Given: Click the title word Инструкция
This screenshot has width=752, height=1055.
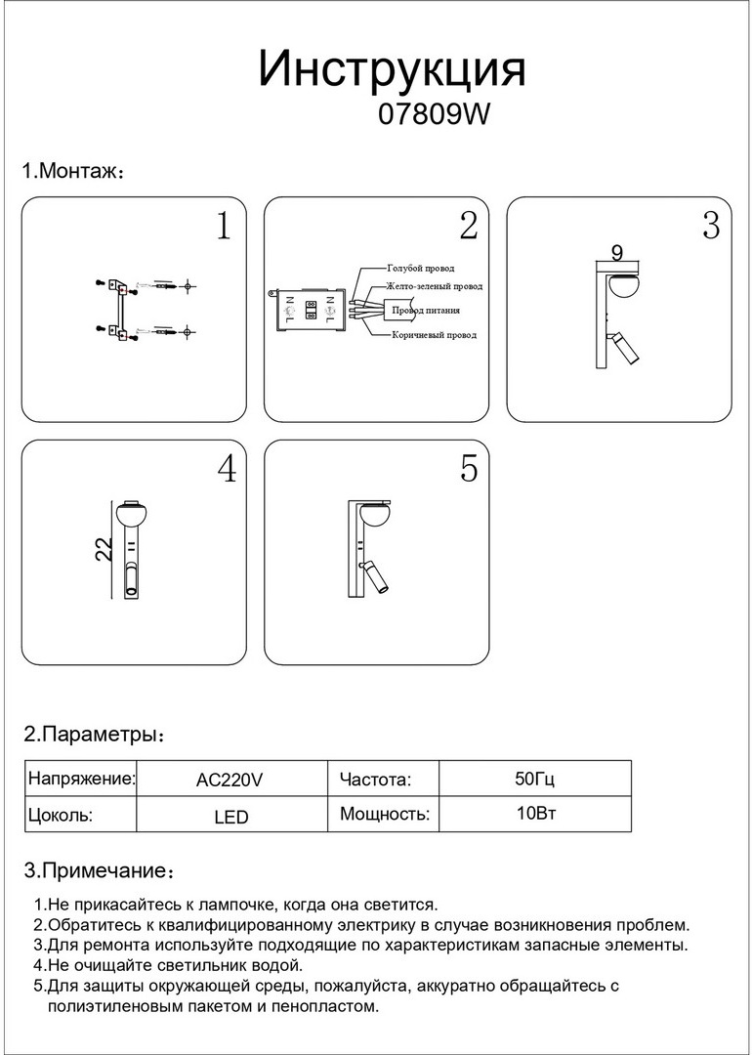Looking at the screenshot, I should pos(392,70).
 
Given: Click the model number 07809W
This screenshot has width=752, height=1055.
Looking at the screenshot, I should pos(432,115).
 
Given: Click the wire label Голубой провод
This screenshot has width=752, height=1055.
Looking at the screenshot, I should pos(420,268).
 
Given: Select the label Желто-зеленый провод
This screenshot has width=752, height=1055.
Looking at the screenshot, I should pos(434,287).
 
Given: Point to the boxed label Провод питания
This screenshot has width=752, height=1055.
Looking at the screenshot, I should pos(426,311).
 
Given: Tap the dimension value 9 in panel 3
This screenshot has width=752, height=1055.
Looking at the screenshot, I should pos(616,252).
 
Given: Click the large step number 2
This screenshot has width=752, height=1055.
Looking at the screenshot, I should pos(469,227).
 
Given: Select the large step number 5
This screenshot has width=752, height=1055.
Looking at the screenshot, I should pos(469,470).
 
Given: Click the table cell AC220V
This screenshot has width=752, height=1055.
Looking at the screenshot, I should pos(230,780).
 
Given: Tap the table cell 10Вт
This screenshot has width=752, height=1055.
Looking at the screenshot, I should pos(534,814).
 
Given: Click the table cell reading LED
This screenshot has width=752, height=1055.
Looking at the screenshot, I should pos(230,816).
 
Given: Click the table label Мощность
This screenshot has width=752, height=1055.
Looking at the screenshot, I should pos(384,814).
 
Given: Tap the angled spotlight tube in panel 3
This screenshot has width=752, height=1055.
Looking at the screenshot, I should pos(624,349).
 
